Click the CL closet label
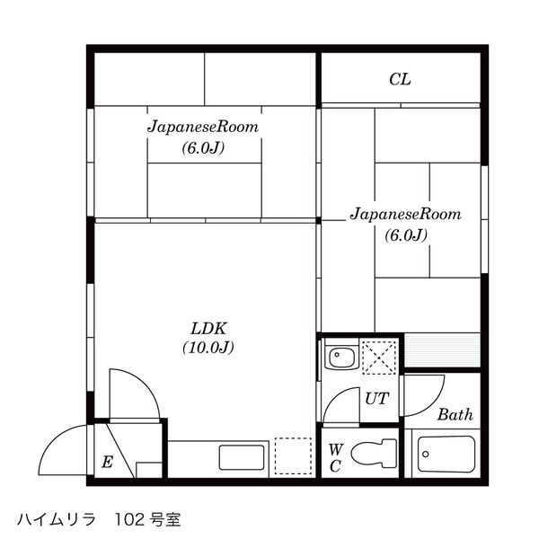pyautogui.click(x=400, y=79)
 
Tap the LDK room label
pyautogui.click(x=208, y=329)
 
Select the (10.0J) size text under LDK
pyautogui.click(x=208, y=348)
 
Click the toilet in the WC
pyautogui.click(x=374, y=453)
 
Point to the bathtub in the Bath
pyautogui.click(x=446, y=454)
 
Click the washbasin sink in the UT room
pyautogui.click(x=341, y=358)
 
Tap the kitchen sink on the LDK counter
pyautogui.click(x=242, y=457)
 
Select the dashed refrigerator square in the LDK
pyautogui.click(x=293, y=456)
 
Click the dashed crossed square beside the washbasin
pyautogui.click(x=379, y=357)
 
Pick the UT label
pyautogui.click(x=376, y=399)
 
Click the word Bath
pyautogui.click(x=455, y=414)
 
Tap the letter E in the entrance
pyautogui.click(x=107, y=462)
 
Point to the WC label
pyautogui.click(x=335, y=458)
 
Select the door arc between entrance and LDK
pyautogui.click(x=146, y=382)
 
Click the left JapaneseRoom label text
pyautogui.click(x=203, y=127)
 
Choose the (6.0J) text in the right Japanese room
pyautogui.click(x=406, y=235)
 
